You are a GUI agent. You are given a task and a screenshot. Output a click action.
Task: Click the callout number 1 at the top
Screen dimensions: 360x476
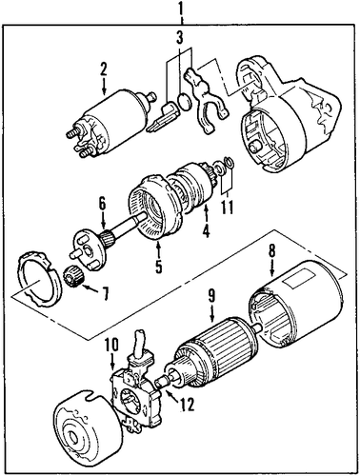(x=180, y=10)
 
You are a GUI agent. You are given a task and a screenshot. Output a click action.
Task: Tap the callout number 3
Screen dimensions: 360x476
(x=180, y=38)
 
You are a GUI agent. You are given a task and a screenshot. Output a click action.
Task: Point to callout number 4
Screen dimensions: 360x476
(x=206, y=231)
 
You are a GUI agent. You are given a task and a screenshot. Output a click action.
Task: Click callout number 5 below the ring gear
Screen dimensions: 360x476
(x=158, y=266)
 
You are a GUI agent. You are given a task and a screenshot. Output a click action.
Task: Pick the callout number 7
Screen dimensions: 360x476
(x=105, y=293)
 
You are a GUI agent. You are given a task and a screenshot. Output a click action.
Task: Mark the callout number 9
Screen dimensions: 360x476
(x=211, y=296)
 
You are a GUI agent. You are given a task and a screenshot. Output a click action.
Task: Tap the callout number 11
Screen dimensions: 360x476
(x=226, y=208)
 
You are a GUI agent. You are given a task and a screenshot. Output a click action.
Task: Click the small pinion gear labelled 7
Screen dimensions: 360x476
(x=76, y=277)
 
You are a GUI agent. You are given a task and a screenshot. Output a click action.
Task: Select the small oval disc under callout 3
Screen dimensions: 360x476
(x=185, y=102)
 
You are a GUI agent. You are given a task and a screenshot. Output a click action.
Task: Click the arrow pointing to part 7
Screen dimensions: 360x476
(x=92, y=288)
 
